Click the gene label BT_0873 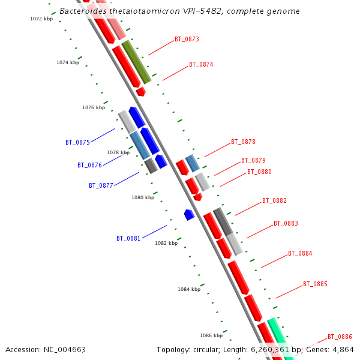187,40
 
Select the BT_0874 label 201,65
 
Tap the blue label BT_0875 77,143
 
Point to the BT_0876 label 89,166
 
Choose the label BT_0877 101,186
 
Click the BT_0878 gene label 243,143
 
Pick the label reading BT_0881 128,239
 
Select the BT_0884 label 300,254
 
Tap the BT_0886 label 340,337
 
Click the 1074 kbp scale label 68,63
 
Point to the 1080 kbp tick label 143,197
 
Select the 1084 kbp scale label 189,289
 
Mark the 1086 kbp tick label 211,335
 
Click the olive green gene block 136,62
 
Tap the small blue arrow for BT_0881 189,214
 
